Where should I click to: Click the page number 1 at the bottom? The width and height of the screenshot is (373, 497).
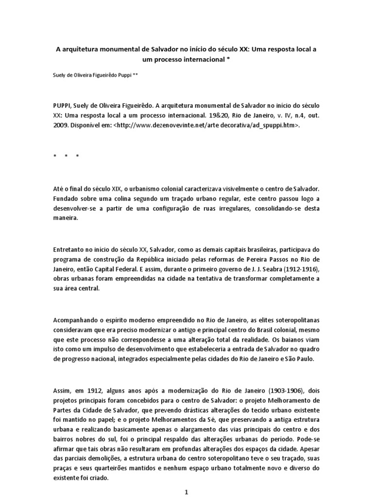186,492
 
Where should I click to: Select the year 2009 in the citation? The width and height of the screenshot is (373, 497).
61,125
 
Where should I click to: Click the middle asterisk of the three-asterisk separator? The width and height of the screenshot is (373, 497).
66,156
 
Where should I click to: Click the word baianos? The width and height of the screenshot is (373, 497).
285,340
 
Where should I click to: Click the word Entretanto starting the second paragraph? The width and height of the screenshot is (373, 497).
69,249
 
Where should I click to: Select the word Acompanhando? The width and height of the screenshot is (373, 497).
77,321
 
